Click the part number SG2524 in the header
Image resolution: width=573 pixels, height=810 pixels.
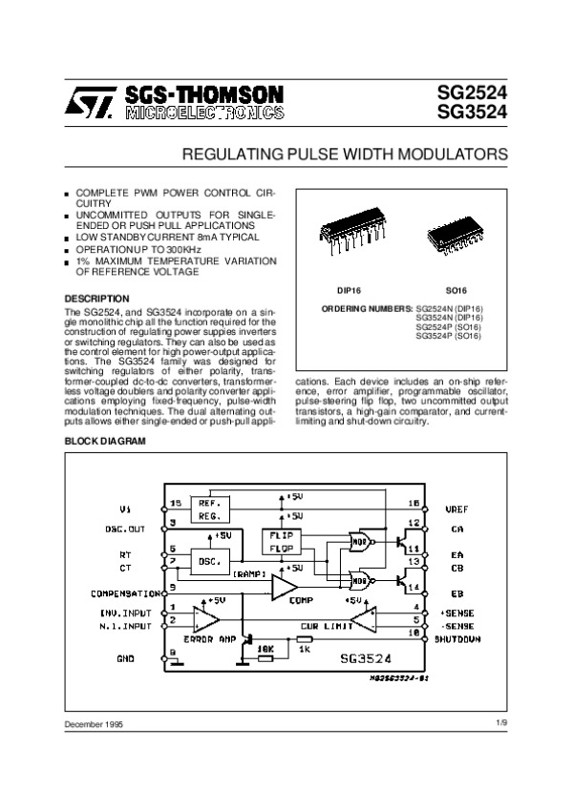472,93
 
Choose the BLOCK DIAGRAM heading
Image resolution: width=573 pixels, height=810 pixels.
105,442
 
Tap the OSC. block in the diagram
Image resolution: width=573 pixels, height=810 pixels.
210,562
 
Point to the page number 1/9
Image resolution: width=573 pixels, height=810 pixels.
501,725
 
